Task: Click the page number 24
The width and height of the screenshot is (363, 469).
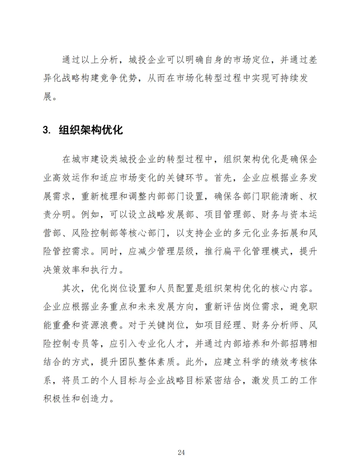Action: click(x=181, y=453)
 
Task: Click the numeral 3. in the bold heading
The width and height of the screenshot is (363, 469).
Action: click(x=47, y=130)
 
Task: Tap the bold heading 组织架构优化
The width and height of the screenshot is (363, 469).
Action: click(x=91, y=130)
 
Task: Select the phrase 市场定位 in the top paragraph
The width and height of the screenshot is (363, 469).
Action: click(x=252, y=60)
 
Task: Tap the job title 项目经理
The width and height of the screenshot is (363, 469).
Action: click(x=223, y=325)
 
